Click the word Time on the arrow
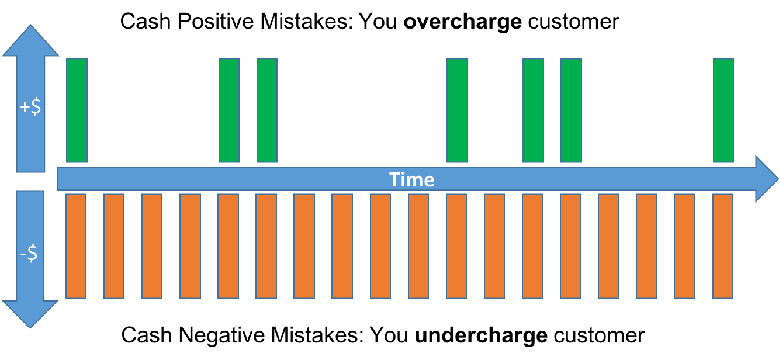click(412, 179)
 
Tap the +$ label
click(30, 108)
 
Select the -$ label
click(29, 254)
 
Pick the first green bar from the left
click(77, 110)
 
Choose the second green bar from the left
click(229, 110)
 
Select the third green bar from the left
click(267, 110)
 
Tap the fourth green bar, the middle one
click(457, 110)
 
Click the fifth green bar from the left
click(533, 110)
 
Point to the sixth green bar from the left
click(571, 110)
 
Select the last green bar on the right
click(723, 110)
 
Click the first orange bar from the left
click(76, 246)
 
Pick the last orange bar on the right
click(723, 246)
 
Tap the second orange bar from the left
click(114, 246)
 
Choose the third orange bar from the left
click(152, 246)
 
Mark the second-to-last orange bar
click(684, 246)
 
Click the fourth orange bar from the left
click(190, 246)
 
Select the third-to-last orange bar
click(646, 246)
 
